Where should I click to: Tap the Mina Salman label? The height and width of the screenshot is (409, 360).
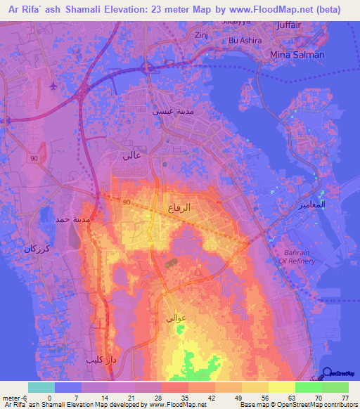(x=298, y=54)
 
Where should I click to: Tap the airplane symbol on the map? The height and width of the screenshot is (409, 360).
(x=55, y=86)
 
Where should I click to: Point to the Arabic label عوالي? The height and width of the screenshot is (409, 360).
(x=175, y=318)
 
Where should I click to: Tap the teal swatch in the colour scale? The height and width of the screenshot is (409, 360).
(x=41, y=387)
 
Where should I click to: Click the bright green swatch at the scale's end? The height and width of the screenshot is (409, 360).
(x=335, y=387)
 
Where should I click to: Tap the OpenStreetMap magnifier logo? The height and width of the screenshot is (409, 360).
(x=327, y=374)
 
